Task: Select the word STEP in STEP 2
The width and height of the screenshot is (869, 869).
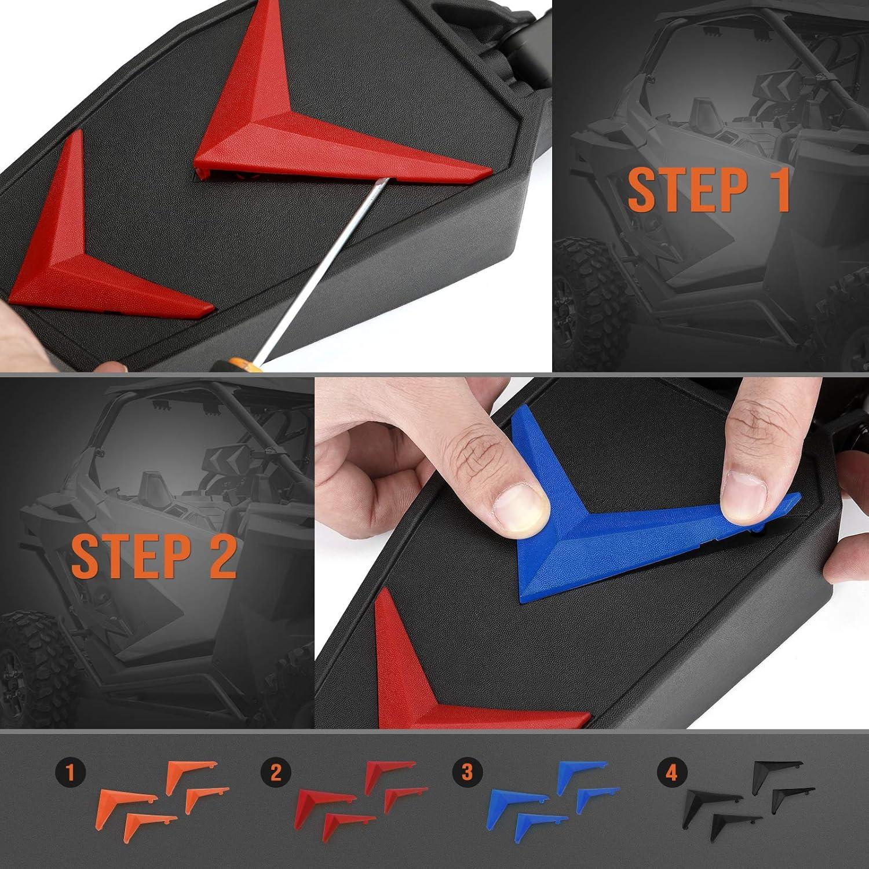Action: pos(129,556)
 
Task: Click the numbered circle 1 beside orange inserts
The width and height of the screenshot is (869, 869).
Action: pos(70,773)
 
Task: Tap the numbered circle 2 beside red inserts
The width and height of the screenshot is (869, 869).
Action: pos(275,773)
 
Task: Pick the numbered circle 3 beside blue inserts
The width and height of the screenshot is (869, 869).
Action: pos(467,773)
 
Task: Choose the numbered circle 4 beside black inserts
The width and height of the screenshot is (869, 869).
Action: pos(671,773)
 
